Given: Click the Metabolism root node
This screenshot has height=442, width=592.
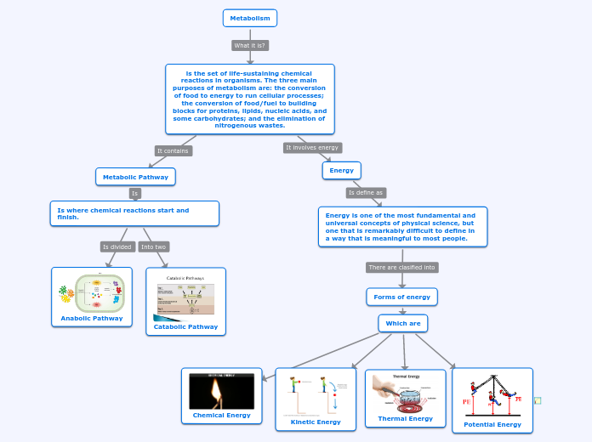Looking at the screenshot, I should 250,18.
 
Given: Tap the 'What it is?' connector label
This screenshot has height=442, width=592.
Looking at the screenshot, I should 250,45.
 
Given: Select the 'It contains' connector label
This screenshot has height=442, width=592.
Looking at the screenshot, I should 174,150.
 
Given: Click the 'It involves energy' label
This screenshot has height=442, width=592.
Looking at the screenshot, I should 312,147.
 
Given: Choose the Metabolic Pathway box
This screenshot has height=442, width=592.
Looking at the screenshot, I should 135,177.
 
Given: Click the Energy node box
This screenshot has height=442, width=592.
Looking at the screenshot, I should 341,170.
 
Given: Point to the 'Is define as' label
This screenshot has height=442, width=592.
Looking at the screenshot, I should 366,193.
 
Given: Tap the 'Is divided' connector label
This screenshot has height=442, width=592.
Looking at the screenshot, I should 117,246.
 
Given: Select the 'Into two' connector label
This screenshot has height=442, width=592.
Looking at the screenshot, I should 154,246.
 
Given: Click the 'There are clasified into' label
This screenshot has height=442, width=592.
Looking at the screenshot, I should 402,267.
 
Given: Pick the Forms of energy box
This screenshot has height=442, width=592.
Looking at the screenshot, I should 402,297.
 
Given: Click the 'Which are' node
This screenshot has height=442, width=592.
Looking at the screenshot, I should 403,323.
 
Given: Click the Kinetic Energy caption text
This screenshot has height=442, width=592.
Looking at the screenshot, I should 316,422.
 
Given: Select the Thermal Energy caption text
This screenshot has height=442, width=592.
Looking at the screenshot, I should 406,418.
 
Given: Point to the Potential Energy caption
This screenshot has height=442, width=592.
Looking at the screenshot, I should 492,424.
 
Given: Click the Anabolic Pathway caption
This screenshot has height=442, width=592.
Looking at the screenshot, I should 92,319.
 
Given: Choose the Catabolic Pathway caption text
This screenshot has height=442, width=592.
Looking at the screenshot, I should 185,326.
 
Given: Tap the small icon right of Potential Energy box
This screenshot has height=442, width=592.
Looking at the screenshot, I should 538,400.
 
